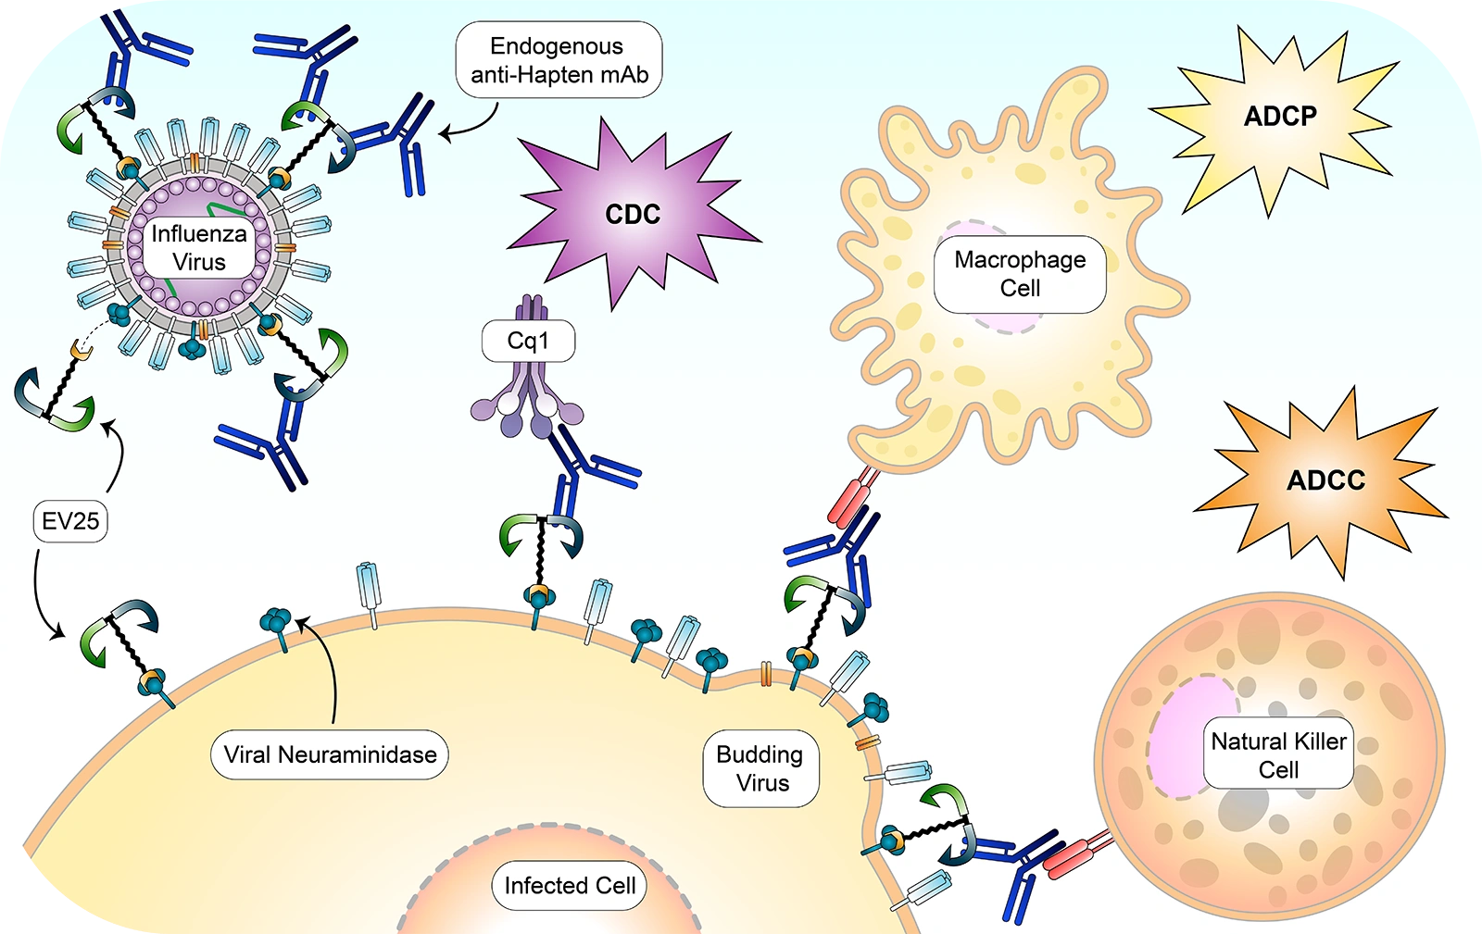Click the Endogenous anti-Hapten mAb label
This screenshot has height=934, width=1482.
pyautogui.click(x=559, y=60)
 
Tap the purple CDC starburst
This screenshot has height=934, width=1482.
pyautogui.click(x=633, y=214)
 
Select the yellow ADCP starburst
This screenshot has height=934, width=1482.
pyautogui.click(x=1280, y=117)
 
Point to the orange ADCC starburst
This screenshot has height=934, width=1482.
pyautogui.click(x=1325, y=480)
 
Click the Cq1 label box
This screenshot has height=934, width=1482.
pyautogui.click(x=528, y=342)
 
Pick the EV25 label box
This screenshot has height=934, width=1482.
pyautogui.click(x=70, y=521)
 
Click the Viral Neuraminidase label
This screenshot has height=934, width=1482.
pyautogui.click(x=330, y=754)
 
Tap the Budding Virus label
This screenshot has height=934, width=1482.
pyautogui.click(x=761, y=768)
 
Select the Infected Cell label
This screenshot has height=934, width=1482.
pyautogui.click(x=570, y=886)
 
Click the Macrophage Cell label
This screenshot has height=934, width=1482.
pyautogui.click(x=1020, y=274)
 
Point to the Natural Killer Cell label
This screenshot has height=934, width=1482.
pyautogui.click(x=1278, y=754)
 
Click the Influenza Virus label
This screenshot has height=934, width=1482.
pyautogui.click(x=199, y=248)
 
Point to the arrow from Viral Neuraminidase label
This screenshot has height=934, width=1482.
pyautogui.click(x=328, y=666)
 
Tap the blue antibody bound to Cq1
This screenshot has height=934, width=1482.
pyautogui.click(x=579, y=472)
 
